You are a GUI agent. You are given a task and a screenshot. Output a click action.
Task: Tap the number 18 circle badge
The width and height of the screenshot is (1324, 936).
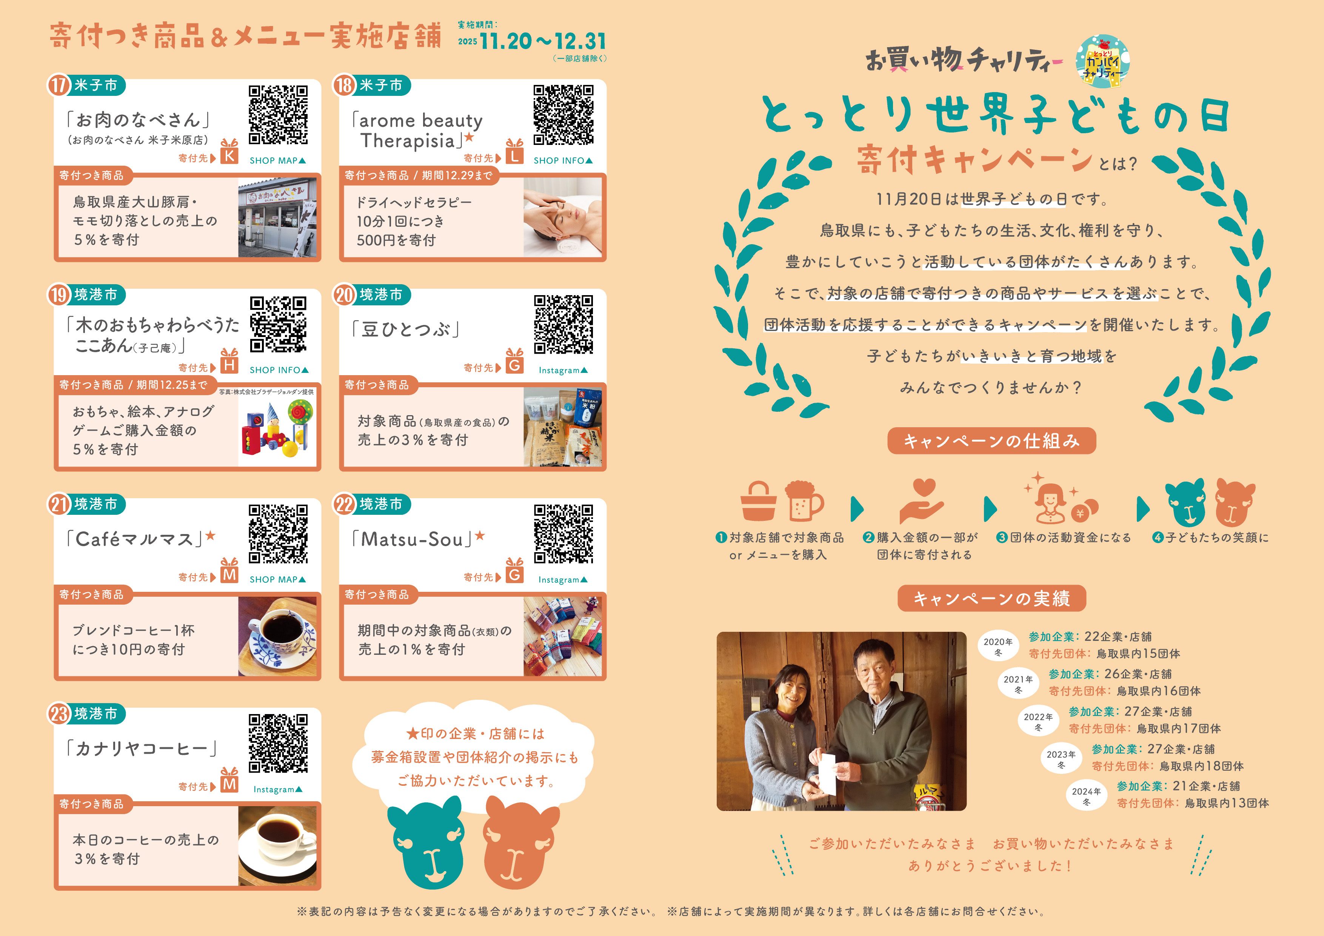point(344,85)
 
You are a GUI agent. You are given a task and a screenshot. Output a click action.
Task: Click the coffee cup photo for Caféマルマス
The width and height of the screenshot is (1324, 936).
point(277,636)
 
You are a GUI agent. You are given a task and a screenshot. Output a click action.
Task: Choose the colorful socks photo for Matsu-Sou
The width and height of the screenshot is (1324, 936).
point(562,636)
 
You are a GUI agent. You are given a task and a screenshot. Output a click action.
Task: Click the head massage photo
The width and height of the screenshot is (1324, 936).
point(562,217)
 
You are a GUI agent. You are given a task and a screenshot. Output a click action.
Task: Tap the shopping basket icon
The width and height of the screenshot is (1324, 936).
point(758,501)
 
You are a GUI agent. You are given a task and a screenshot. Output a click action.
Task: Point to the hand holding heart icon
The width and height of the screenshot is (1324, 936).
point(922,501)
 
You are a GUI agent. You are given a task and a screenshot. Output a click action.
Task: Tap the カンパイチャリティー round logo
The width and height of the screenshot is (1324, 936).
point(1102,62)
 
